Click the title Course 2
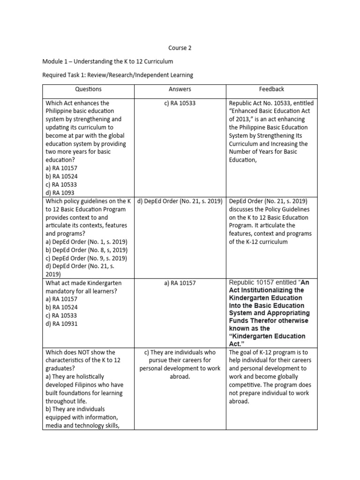[x=180, y=48]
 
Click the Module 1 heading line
[x=108, y=61]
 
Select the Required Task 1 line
[x=118, y=75]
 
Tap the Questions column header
[x=88, y=89]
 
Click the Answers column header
[x=180, y=89]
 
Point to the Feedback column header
[x=271, y=89]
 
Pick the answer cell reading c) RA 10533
[x=180, y=103]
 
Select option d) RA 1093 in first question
[x=60, y=192]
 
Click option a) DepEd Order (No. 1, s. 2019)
[x=86, y=242]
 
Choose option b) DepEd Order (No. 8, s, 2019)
[x=86, y=250]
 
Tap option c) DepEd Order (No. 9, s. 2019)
[x=86, y=258]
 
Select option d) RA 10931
[x=61, y=323]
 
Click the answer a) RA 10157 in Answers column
[x=180, y=283]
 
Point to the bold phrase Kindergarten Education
[x=265, y=298]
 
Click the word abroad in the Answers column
[x=180, y=376]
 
